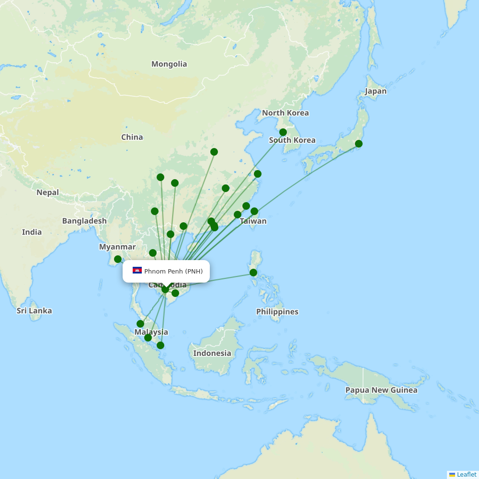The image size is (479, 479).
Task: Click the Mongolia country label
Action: tap(169, 64)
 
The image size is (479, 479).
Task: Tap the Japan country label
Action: tap(376, 91)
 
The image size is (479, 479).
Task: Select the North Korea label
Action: tap(285, 113)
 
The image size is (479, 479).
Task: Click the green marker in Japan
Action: tap(359, 144)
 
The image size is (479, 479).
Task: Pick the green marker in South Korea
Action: tap(283, 132)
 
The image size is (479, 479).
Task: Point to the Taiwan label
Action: tap(253, 221)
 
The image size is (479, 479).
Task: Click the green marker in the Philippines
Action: tap(253, 273)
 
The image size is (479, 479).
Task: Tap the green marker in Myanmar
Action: tap(118, 259)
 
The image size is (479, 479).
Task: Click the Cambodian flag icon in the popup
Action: tap(137, 271)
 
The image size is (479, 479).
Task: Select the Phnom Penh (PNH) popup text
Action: tap(173, 272)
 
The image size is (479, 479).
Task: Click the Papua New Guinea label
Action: tap(381, 390)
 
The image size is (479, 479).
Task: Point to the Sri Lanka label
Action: tap(34, 311)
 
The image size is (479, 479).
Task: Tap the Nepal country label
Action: tap(47, 193)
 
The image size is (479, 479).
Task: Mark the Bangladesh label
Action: tap(84, 221)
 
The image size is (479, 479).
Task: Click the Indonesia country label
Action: tap(212, 354)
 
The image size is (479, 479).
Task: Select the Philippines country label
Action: tap(277, 312)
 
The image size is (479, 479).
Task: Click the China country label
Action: tap(132, 137)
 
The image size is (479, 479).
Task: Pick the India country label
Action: tap(32, 232)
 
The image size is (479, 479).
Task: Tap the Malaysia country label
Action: tap(151, 332)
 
